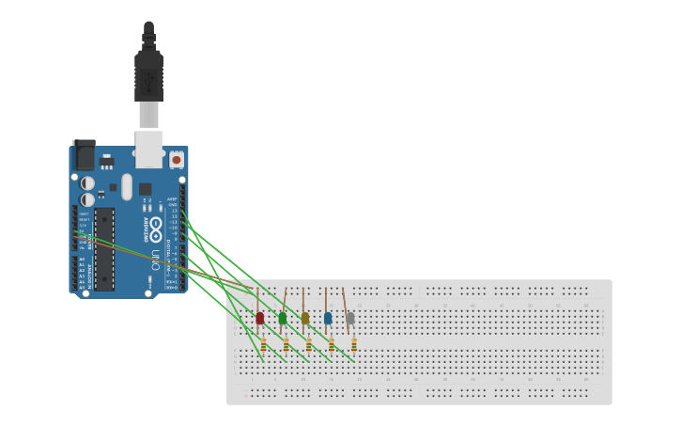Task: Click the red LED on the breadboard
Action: point(260,319)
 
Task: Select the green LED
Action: point(283,319)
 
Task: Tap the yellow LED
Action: point(305,319)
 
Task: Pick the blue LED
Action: point(328,319)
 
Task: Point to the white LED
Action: point(350,319)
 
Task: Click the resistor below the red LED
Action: point(263,345)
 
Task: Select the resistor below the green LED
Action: point(286,345)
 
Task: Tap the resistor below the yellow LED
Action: point(308,345)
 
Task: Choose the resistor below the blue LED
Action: point(331,345)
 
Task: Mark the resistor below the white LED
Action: point(353,345)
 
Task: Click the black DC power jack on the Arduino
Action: point(85,154)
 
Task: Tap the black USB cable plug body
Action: point(148,75)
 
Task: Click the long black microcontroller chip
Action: point(103,248)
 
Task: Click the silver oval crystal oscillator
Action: point(127,186)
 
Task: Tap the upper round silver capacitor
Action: point(87,182)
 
